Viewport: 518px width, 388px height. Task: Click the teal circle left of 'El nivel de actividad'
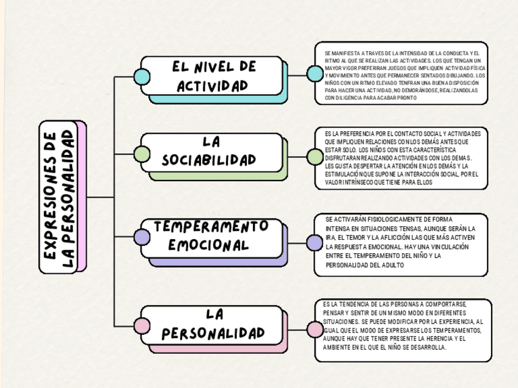142,76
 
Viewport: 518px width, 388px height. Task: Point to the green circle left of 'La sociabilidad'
142,154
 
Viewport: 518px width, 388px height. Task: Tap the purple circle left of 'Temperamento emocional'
142,236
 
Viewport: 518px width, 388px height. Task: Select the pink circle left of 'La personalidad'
142,327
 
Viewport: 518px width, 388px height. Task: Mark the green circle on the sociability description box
315,157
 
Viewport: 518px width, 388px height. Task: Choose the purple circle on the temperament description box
315,243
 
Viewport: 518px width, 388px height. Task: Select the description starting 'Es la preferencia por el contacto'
403,157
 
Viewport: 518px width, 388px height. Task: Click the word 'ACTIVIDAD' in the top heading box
213,85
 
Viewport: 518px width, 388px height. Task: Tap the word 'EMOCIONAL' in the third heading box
209,245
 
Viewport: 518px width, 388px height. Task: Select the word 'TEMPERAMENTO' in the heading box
211,226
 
